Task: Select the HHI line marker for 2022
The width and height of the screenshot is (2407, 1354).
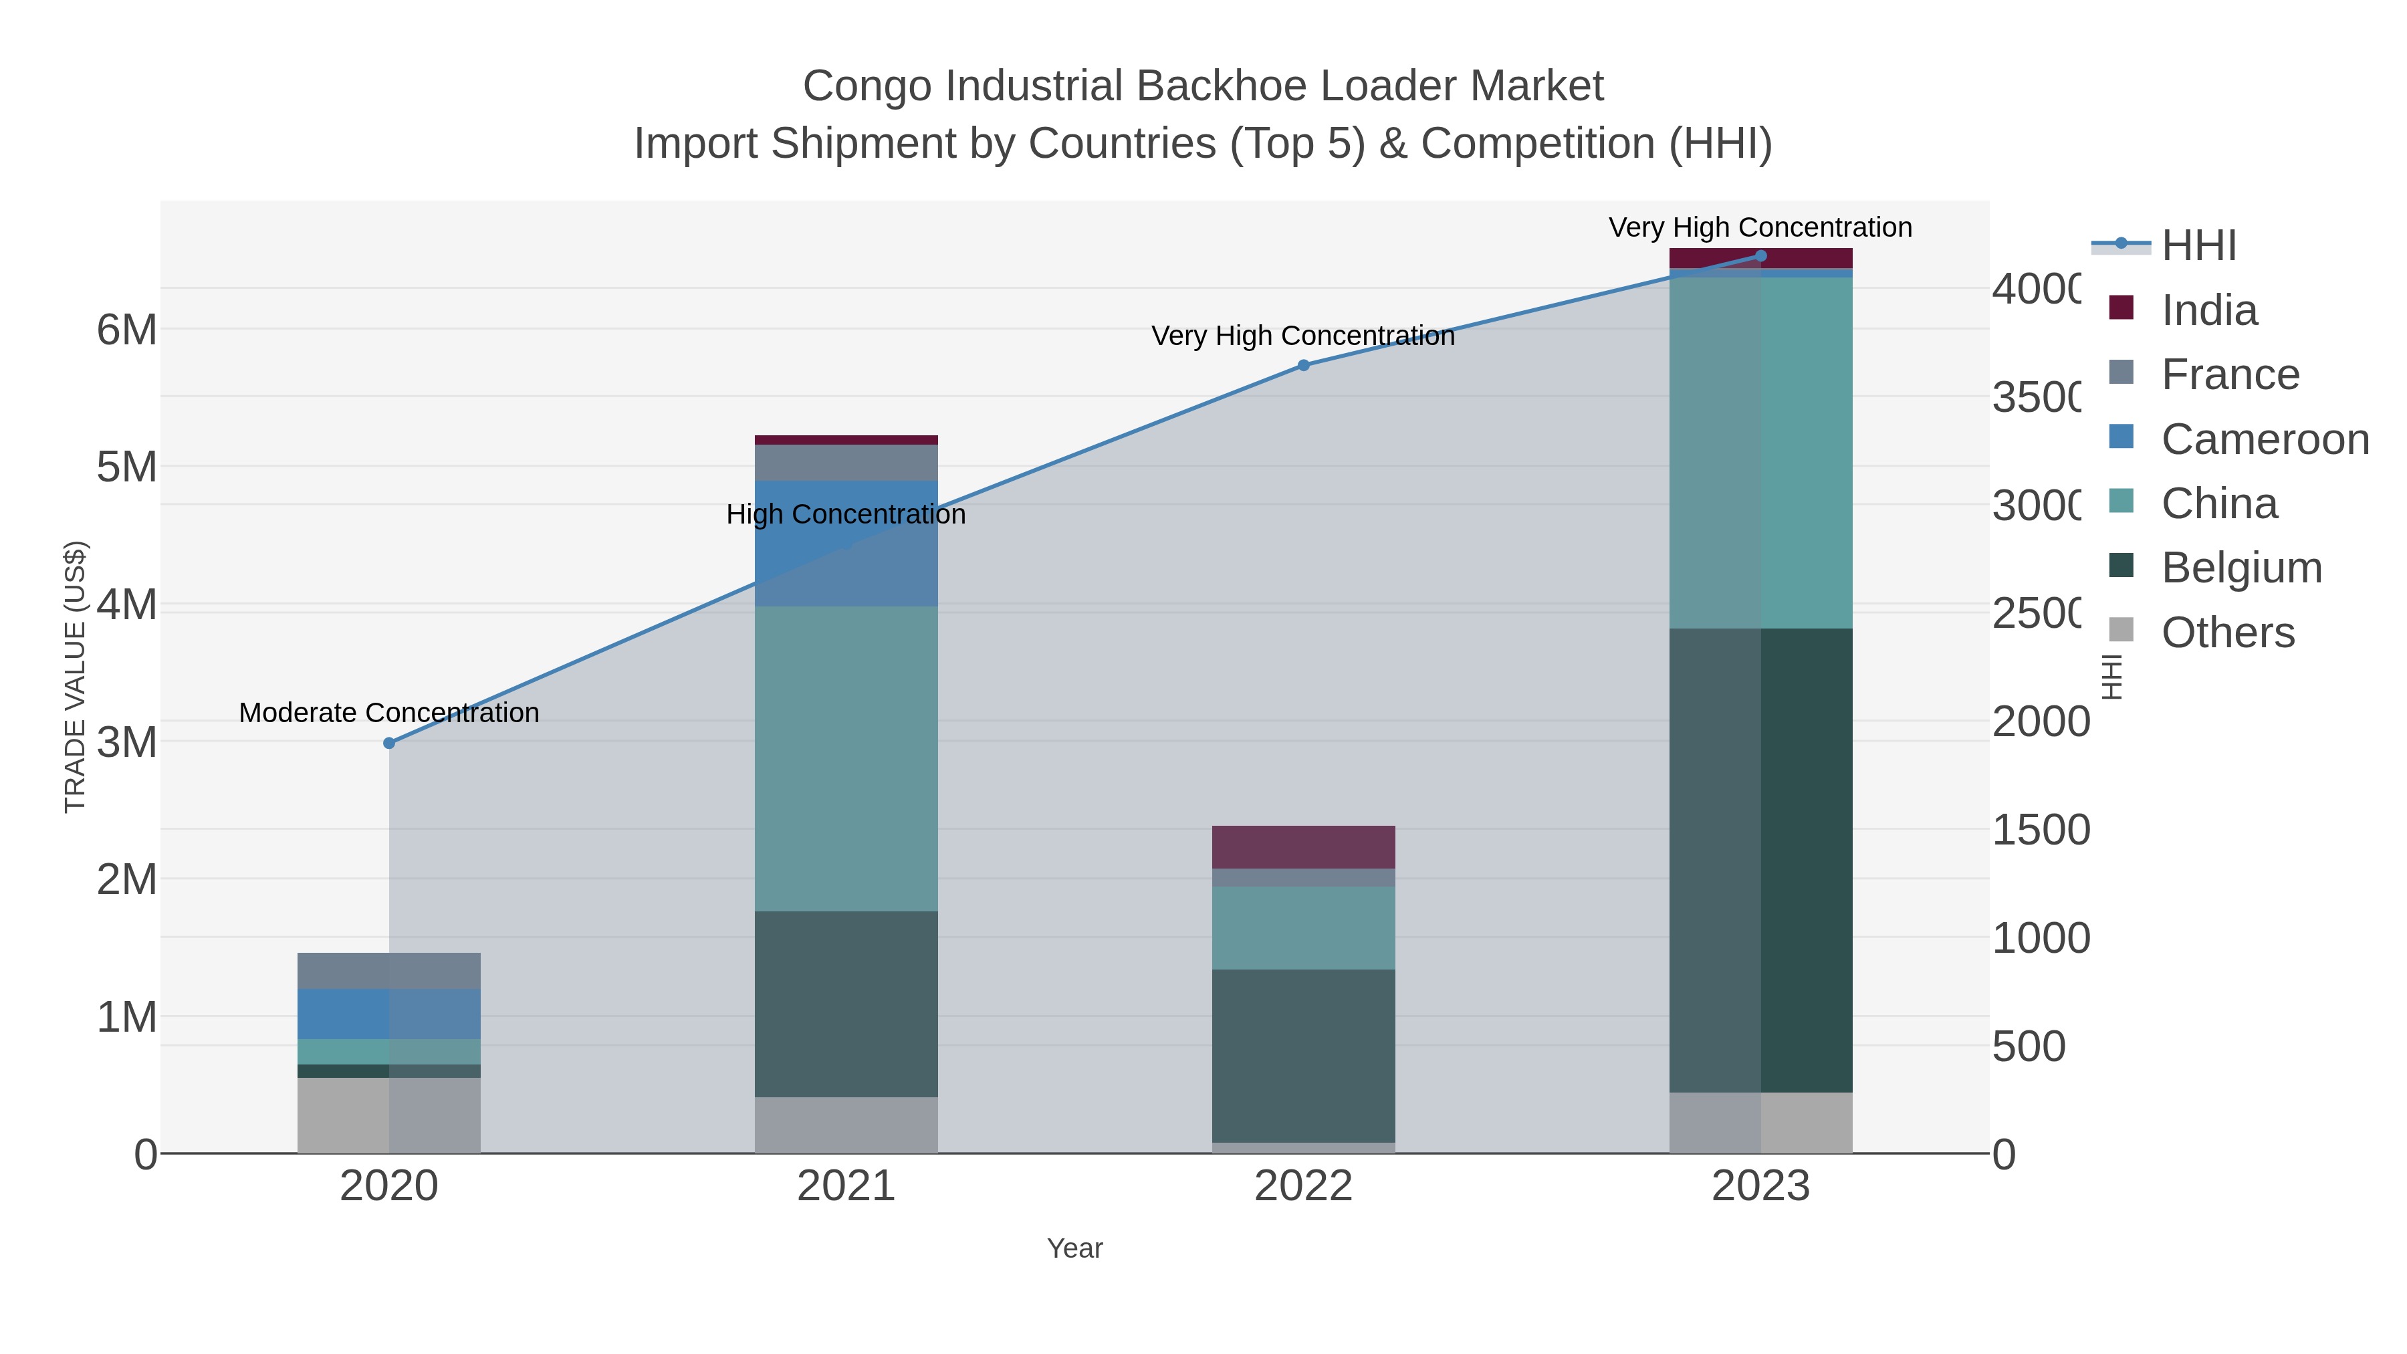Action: pyautogui.click(x=1304, y=365)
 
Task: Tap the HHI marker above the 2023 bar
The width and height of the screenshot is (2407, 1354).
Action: pyautogui.click(x=1760, y=256)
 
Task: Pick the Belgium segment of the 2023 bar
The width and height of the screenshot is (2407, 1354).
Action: pyautogui.click(x=1760, y=860)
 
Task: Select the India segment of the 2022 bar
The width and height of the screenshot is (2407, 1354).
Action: pyautogui.click(x=1304, y=847)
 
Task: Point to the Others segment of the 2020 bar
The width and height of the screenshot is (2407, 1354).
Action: pyautogui.click(x=388, y=1115)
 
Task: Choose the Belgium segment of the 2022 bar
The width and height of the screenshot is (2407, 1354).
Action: pyautogui.click(x=1304, y=1055)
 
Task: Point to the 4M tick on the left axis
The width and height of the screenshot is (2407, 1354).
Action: pyautogui.click(x=127, y=604)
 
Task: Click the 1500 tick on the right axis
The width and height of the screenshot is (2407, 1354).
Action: pyautogui.click(x=2040, y=830)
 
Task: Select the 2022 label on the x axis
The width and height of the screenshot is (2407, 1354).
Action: pyautogui.click(x=1304, y=1187)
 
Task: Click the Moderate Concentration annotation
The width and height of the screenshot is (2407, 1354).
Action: pyautogui.click(x=388, y=713)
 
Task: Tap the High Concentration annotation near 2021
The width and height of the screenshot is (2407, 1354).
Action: pyautogui.click(x=846, y=515)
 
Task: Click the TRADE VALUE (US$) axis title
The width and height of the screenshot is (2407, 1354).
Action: pyautogui.click(x=75, y=677)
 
